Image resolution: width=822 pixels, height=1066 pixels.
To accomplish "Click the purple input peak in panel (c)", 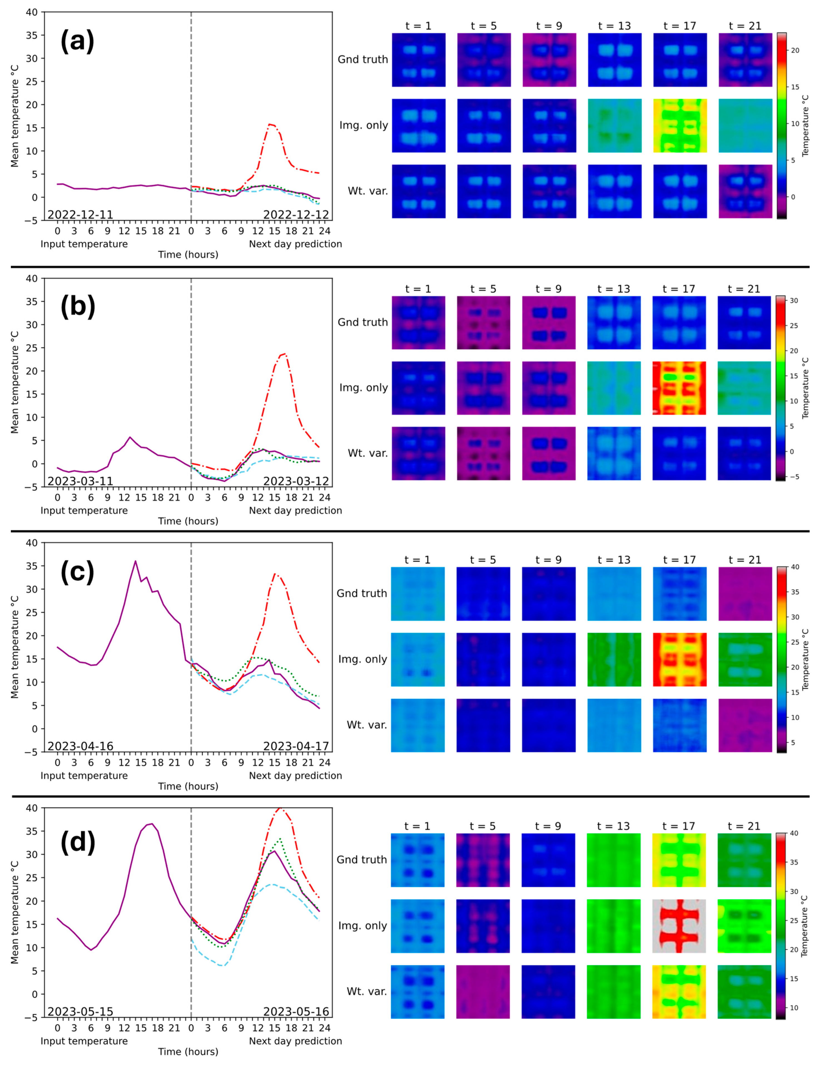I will (x=136, y=561).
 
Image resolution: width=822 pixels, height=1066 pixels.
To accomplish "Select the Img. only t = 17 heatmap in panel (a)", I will (x=680, y=125).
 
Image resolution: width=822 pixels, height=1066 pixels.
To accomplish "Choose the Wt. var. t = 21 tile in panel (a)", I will (x=745, y=191).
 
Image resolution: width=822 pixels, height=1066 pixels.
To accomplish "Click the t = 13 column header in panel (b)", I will (x=614, y=289).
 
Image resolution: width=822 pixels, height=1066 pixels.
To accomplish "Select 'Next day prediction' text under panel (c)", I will (x=295, y=776).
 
